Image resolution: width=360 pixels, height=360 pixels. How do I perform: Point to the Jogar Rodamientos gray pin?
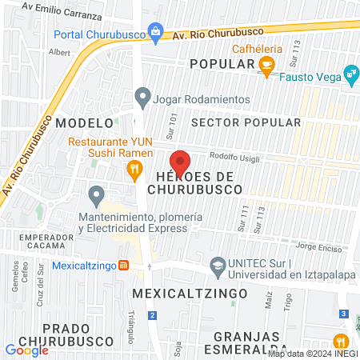(142, 98)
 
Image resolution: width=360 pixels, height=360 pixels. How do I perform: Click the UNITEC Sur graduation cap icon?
(217, 264)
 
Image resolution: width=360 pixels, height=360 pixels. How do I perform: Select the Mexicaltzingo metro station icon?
(123, 266)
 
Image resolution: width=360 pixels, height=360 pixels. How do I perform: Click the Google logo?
(26, 350)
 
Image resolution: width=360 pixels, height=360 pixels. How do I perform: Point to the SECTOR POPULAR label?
(246, 122)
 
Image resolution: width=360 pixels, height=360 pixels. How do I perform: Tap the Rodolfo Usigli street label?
(234, 156)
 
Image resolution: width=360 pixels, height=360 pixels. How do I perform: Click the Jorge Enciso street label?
(319, 246)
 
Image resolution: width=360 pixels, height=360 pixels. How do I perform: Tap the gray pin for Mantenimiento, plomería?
(97, 194)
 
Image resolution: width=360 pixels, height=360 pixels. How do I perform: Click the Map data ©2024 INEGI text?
(313, 353)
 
